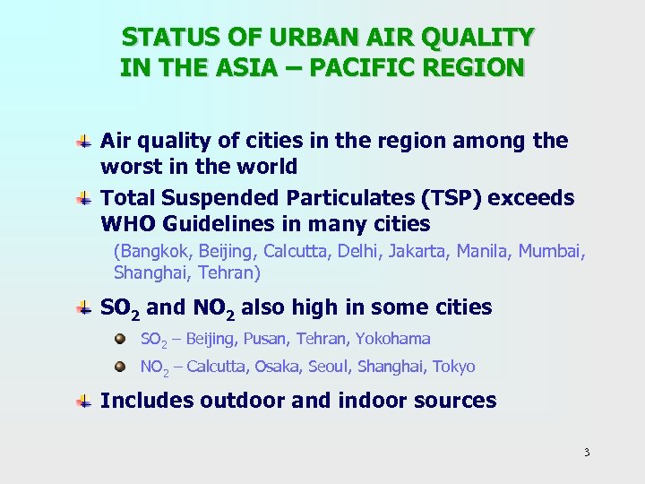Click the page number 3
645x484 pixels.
[587, 452]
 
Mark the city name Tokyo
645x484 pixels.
[453, 367]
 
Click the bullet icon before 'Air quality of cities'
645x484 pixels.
[82, 142]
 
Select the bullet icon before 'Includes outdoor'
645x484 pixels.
[82, 402]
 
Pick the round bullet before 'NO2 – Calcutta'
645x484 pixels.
[121, 367]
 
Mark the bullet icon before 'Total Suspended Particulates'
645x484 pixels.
[82, 198]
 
